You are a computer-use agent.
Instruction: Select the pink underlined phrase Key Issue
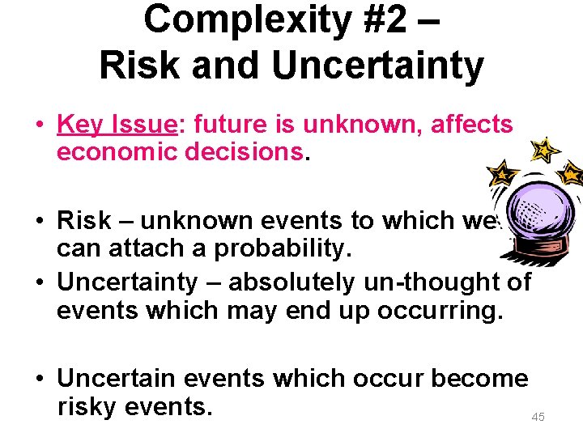pos(117,125)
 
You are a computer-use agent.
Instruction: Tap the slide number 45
pos(538,417)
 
